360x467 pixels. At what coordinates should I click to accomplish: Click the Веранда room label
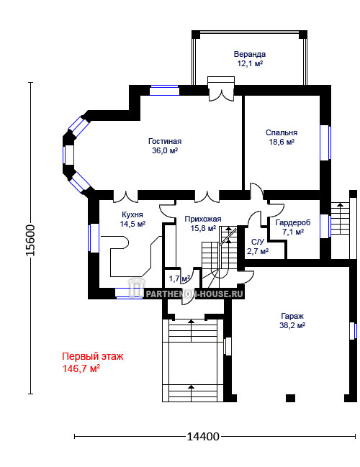(x=249, y=54)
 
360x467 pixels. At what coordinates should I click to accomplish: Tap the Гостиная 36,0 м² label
(x=165, y=145)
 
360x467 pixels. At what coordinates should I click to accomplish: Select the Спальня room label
(x=282, y=132)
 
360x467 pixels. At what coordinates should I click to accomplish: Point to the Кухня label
(x=132, y=214)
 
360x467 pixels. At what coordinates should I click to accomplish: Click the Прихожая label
(x=202, y=219)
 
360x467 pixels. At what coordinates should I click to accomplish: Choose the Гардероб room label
(x=293, y=222)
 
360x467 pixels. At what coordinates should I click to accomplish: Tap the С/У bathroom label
(x=258, y=242)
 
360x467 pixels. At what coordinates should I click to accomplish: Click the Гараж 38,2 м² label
(x=292, y=320)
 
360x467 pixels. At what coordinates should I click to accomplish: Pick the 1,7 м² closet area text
(x=179, y=278)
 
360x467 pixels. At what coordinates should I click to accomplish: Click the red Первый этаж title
(x=92, y=356)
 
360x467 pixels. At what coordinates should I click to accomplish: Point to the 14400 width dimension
(x=202, y=437)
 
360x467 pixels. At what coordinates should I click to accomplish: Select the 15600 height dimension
(x=30, y=240)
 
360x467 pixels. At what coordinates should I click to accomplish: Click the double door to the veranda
(x=221, y=93)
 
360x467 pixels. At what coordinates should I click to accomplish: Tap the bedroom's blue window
(x=325, y=142)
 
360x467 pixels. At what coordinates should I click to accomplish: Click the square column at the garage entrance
(x=290, y=398)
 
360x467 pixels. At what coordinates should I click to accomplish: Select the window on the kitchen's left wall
(x=94, y=238)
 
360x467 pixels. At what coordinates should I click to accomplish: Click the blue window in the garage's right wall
(x=353, y=330)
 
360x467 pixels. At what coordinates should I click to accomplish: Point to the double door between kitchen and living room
(x=126, y=196)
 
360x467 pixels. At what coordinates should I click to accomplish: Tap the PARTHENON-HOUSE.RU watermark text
(x=194, y=294)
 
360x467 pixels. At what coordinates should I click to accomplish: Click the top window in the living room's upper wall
(x=164, y=90)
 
